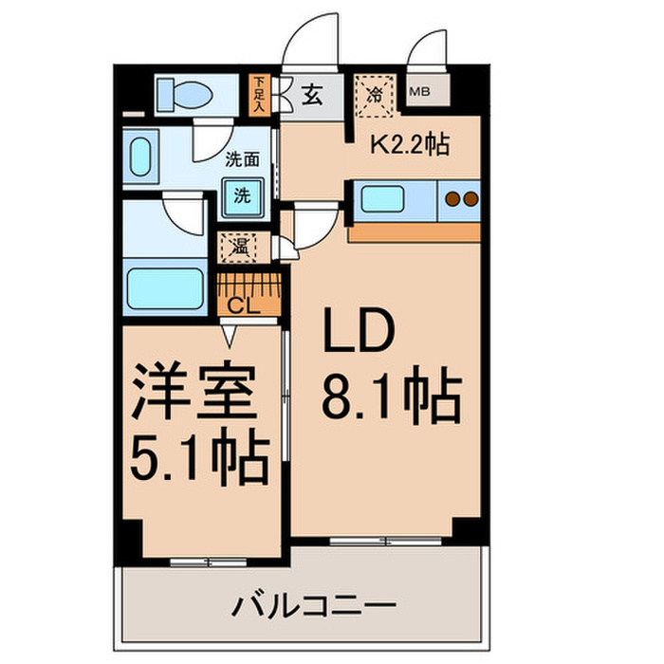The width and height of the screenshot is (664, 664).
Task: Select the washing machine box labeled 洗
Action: click(x=243, y=196)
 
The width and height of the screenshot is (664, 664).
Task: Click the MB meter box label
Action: click(x=419, y=92)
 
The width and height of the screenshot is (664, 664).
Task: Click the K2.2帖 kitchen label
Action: click(x=409, y=145)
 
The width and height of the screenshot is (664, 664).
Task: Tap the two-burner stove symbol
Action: click(x=460, y=199)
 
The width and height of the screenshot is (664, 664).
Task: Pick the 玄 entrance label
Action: click(x=310, y=95)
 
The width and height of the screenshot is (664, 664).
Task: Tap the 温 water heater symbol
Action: click(x=236, y=249)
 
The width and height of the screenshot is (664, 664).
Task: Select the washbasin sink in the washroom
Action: click(x=141, y=157)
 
